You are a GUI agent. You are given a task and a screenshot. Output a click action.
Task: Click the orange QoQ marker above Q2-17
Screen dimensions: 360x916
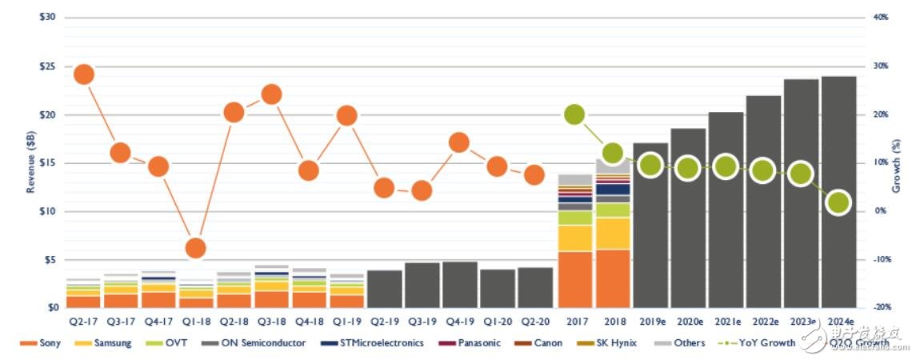(x=84, y=74)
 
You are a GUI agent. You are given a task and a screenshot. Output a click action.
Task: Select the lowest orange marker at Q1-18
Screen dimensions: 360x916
(x=195, y=248)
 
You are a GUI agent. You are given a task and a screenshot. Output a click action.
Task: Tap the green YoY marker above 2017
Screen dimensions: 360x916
(x=574, y=114)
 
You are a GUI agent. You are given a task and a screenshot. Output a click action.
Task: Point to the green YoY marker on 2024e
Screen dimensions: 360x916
(x=838, y=203)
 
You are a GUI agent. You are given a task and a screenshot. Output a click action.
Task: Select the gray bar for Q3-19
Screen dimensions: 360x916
(x=422, y=285)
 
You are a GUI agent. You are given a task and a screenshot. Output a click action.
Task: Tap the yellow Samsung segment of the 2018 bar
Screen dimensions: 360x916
(x=613, y=233)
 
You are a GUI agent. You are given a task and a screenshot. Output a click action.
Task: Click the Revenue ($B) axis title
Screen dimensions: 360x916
(x=31, y=163)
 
